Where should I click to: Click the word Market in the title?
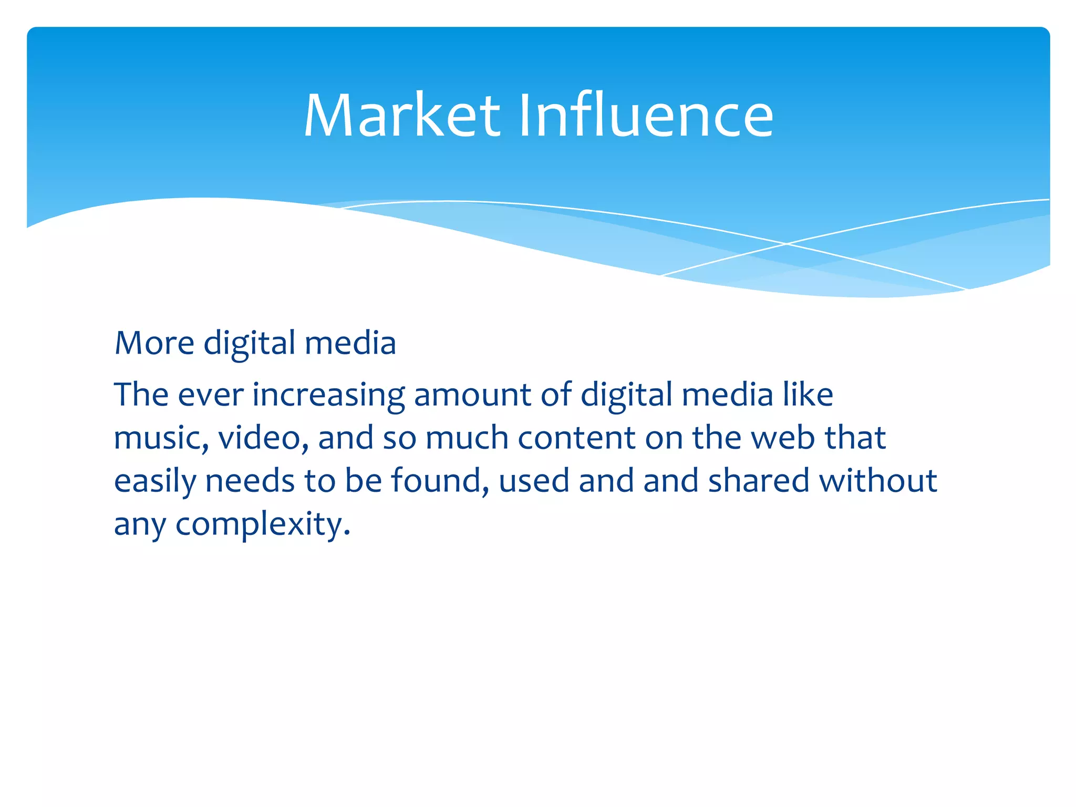[402, 116]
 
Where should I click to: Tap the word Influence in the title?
[646, 116]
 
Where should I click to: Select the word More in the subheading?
[154, 344]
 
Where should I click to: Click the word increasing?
[329, 396]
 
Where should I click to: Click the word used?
[534, 481]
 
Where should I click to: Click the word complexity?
[263, 525]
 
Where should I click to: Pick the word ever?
[211, 396]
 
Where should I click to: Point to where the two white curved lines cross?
[787, 244]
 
